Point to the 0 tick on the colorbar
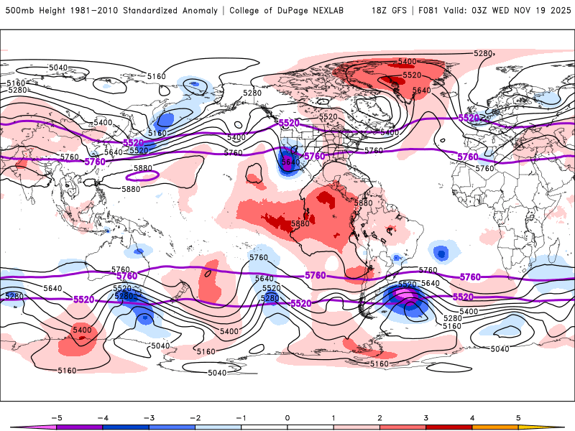coord(287,417)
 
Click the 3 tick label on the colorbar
coord(426,417)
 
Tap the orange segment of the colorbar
coord(495,427)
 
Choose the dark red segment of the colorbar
coord(449,427)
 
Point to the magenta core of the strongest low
coord(405,296)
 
